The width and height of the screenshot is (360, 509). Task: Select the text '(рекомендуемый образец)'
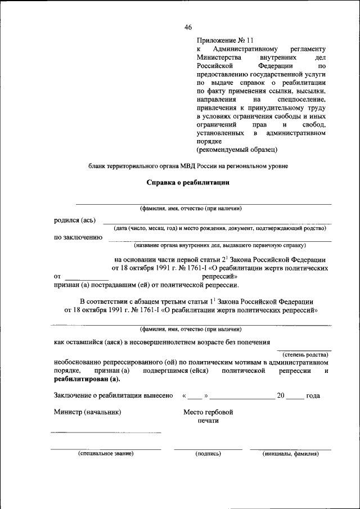[x=237, y=150]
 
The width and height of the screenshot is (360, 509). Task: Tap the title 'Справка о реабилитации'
[x=188, y=183]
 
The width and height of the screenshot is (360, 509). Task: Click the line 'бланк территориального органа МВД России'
[x=188, y=166]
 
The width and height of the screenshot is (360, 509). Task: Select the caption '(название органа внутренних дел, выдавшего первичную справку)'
[x=219, y=245]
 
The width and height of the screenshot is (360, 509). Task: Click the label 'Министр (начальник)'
[x=87, y=412]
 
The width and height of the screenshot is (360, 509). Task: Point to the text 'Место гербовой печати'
[x=208, y=416]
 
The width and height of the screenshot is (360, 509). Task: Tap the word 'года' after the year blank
[x=313, y=396]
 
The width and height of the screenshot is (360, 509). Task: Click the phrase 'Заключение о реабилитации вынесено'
[x=113, y=396]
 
